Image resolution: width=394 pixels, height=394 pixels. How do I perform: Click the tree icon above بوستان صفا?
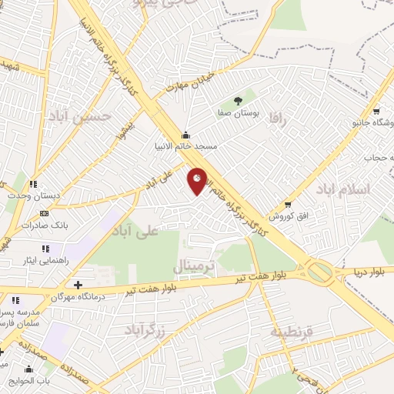(x=238, y=100)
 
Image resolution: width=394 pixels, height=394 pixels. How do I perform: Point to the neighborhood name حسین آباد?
(x=90, y=115)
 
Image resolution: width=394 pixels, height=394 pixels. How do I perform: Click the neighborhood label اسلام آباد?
(x=348, y=189)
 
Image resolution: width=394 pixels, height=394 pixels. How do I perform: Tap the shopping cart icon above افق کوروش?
(x=288, y=205)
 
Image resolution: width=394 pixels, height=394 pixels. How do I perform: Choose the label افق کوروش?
(x=292, y=216)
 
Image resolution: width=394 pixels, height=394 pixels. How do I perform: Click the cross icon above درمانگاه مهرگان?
(x=78, y=285)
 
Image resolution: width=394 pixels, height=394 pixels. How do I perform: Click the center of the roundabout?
(x=319, y=272)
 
